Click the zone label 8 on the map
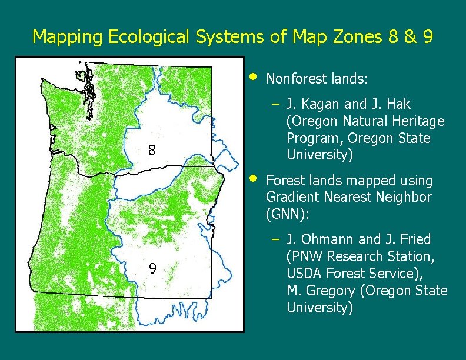[152, 151]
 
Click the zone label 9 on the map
[152, 269]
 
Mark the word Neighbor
[405, 197]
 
